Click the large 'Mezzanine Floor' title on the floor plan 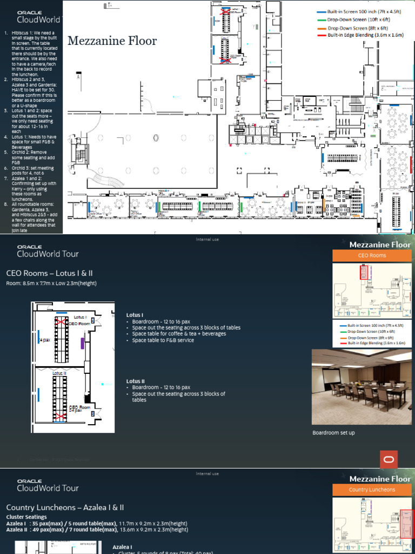pyautogui.click(x=112, y=41)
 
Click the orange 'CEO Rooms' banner pyautogui.click(x=371, y=255)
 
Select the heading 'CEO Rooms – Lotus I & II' pyautogui.click(x=49, y=273)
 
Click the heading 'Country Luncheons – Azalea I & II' pyautogui.click(x=65, y=507)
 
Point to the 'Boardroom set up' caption pyautogui.click(x=334, y=433)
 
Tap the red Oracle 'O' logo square pyautogui.click(x=389, y=459)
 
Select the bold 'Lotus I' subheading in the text pyautogui.click(x=135, y=315)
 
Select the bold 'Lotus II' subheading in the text pyautogui.click(x=136, y=381)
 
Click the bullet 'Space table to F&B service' pyautogui.click(x=163, y=340)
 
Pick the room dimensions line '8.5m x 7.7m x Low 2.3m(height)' pyautogui.click(x=52, y=283)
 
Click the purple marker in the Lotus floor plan pyautogui.click(x=82, y=342)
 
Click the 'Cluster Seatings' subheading pyautogui.click(x=26, y=517)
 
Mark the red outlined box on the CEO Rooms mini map pyautogui.click(x=363, y=272)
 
